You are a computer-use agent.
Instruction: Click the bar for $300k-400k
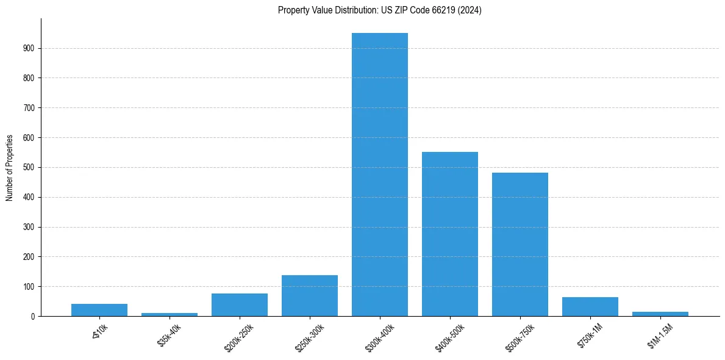point(380,175)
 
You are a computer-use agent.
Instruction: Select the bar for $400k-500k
point(450,234)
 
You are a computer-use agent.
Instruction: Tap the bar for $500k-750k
point(520,244)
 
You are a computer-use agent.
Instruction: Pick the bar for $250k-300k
point(310,296)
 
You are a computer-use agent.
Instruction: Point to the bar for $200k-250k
point(240,304)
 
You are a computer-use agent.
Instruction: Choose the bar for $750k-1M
point(590,306)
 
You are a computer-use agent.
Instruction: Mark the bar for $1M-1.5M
point(660,314)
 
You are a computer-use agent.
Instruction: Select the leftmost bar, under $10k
point(99,310)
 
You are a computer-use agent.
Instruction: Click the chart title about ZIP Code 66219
point(379,10)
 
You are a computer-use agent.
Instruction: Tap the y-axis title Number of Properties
point(10,167)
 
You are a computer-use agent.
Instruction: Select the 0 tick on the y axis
point(33,316)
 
